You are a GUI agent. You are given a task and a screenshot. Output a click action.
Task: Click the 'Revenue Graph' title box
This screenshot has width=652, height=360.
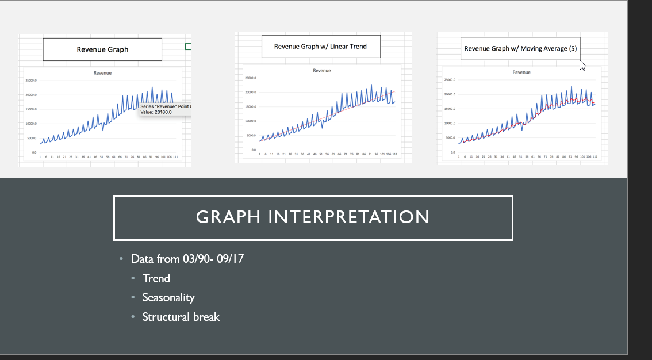pyautogui.click(x=102, y=49)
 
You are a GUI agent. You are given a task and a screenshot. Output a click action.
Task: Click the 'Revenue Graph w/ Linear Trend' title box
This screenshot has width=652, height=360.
pyautogui.click(x=321, y=47)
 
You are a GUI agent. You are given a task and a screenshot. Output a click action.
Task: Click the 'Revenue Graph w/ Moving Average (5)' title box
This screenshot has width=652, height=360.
pyautogui.click(x=520, y=49)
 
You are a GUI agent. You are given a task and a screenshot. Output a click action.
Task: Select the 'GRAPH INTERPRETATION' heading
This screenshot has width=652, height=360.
pyautogui.click(x=313, y=217)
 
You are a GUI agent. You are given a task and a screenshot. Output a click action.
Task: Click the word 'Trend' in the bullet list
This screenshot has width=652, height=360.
pyautogui.click(x=156, y=278)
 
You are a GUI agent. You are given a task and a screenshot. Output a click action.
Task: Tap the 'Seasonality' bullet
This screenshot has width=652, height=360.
pyautogui.click(x=168, y=297)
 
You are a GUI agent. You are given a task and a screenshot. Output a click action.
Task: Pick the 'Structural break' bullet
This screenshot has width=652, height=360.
pyautogui.click(x=181, y=317)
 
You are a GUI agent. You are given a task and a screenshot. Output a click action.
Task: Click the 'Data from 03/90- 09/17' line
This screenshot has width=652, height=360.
pyautogui.click(x=187, y=259)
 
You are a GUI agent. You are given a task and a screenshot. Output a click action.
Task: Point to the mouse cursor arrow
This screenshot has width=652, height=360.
pyautogui.click(x=582, y=64)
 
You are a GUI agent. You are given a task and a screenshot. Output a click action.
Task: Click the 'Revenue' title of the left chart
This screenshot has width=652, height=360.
pyautogui.click(x=102, y=73)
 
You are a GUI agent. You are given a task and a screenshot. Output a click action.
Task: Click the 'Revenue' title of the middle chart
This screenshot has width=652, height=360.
pyautogui.click(x=321, y=70)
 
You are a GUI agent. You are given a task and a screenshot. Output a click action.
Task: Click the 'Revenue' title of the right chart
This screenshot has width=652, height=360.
pyautogui.click(x=521, y=72)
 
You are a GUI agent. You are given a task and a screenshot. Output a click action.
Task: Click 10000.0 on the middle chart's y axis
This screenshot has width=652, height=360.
pyautogui.click(x=250, y=121)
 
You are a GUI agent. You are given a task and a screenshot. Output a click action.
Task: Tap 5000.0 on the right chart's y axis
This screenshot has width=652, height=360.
pyautogui.click(x=450, y=138)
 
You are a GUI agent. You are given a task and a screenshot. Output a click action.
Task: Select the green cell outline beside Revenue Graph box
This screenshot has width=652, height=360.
pyautogui.click(x=188, y=47)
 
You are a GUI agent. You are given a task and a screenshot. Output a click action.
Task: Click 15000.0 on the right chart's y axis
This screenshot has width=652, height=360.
pyautogui.click(x=449, y=109)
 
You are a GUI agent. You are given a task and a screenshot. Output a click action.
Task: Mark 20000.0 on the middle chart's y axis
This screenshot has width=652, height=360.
pyautogui.click(x=250, y=93)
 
